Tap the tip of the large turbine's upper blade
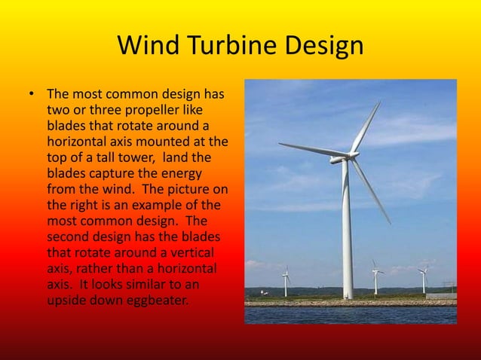pyautogui.click(x=379, y=103)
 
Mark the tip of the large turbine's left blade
pyautogui.click(x=280, y=145)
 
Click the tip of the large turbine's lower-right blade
pyautogui.click(x=390, y=222)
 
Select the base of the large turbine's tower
pyautogui.click(x=348, y=297)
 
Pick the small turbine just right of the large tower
pyautogui.click(x=375, y=279)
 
